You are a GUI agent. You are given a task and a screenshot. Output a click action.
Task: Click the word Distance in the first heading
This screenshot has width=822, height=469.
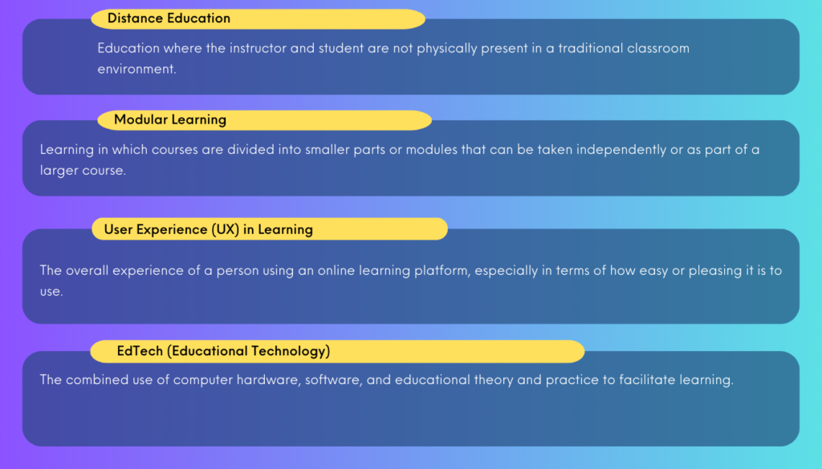132,18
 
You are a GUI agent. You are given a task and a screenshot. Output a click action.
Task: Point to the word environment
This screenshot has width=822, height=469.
136,69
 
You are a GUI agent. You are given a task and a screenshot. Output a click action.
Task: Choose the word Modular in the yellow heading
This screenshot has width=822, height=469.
138,120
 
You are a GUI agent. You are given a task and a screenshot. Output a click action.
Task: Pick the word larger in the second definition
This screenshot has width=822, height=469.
58,171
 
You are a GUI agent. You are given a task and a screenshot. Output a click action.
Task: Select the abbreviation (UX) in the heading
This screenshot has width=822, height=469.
226,230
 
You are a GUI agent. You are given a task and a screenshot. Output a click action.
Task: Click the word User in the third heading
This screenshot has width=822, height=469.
119,230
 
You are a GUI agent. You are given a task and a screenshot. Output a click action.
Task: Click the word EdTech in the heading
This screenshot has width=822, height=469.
140,351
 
